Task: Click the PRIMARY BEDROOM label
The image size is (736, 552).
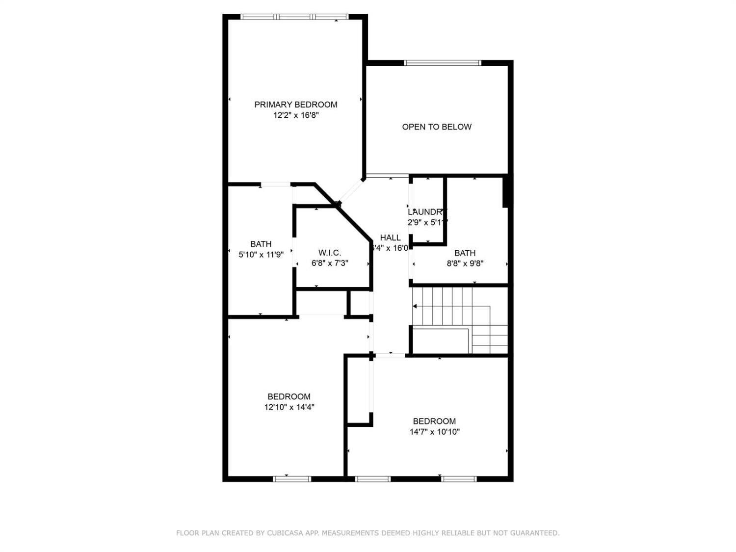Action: click(x=295, y=105)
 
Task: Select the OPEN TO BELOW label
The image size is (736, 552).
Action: click(x=437, y=127)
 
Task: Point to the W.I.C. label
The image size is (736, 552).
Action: click(x=330, y=253)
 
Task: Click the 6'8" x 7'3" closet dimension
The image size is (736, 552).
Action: click(x=330, y=263)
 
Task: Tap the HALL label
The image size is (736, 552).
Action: click(x=390, y=237)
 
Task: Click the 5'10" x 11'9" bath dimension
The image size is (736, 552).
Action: click(x=261, y=255)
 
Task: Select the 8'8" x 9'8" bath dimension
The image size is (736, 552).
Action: click(x=465, y=263)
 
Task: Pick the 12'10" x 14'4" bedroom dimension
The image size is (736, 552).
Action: click(x=289, y=407)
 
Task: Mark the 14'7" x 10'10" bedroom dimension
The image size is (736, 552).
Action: click(x=434, y=432)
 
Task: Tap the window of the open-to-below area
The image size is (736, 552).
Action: click(x=443, y=63)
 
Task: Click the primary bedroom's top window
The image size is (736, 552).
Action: click(x=294, y=17)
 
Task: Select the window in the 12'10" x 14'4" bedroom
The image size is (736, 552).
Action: click(x=292, y=478)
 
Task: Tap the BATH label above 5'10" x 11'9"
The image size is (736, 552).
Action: click(x=261, y=244)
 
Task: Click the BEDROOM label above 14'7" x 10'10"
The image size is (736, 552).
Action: click(x=434, y=421)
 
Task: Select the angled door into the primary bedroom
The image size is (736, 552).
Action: click(x=351, y=190)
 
